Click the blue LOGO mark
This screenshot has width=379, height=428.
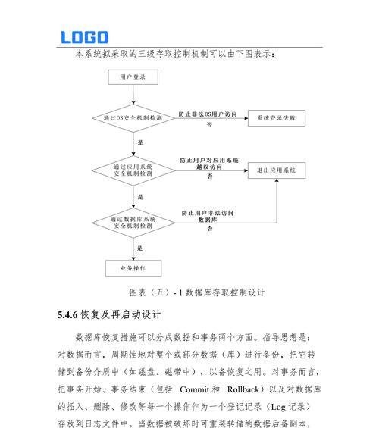(x=84, y=37)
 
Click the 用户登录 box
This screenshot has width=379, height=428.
(x=133, y=77)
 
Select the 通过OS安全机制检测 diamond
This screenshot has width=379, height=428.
(x=133, y=118)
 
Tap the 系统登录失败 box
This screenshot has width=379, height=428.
(x=277, y=118)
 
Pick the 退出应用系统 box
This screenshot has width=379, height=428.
(x=277, y=170)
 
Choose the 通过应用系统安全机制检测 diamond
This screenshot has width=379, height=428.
(x=133, y=170)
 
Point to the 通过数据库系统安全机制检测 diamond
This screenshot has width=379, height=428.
(x=133, y=223)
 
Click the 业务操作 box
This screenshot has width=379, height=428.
(x=133, y=268)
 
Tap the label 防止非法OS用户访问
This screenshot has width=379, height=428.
(x=208, y=114)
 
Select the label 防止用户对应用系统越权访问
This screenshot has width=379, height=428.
(x=209, y=164)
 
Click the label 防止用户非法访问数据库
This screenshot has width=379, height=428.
(x=208, y=216)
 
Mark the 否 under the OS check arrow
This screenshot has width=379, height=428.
(x=209, y=124)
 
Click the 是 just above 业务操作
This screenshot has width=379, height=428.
(x=139, y=248)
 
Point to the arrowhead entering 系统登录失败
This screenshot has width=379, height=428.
(x=246, y=118)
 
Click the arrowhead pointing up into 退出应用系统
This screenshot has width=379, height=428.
(x=277, y=180)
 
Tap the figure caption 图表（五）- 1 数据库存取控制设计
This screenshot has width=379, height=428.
(x=197, y=292)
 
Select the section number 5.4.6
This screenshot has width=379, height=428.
(x=67, y=314)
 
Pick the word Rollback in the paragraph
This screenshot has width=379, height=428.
(x=243, y=389)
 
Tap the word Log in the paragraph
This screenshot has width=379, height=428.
(x=278, y=407)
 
